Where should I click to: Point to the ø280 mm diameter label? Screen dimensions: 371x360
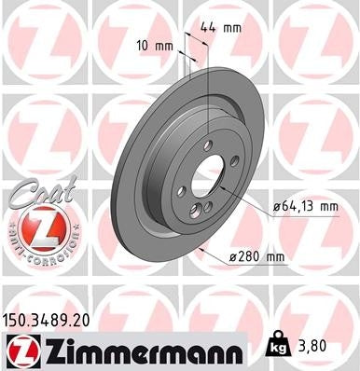click(256, 256)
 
